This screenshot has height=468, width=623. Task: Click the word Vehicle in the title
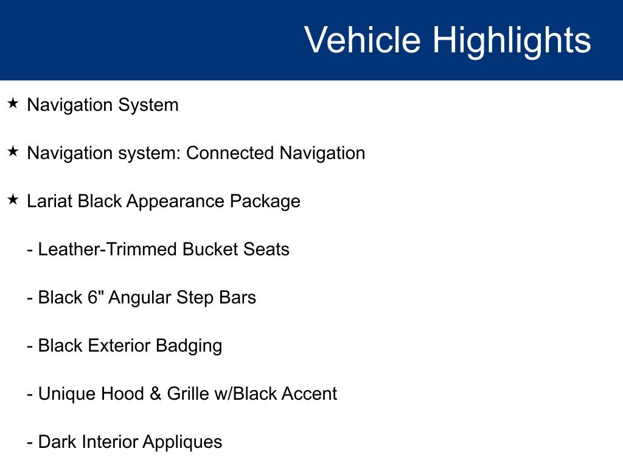pos(363,40)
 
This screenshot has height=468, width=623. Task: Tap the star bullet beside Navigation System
pos(13,103)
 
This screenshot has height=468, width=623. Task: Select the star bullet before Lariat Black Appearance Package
pos(13,199)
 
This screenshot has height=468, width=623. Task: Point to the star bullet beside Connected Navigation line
pos(13,151)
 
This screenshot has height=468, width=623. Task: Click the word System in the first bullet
pos(148,105)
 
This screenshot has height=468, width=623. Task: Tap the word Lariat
pos(50,201)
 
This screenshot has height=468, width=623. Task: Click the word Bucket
pos(211,249)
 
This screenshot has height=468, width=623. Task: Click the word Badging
pos(189,347)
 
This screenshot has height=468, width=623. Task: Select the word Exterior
pos(119,346)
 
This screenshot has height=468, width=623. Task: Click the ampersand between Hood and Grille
pos(155,394)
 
